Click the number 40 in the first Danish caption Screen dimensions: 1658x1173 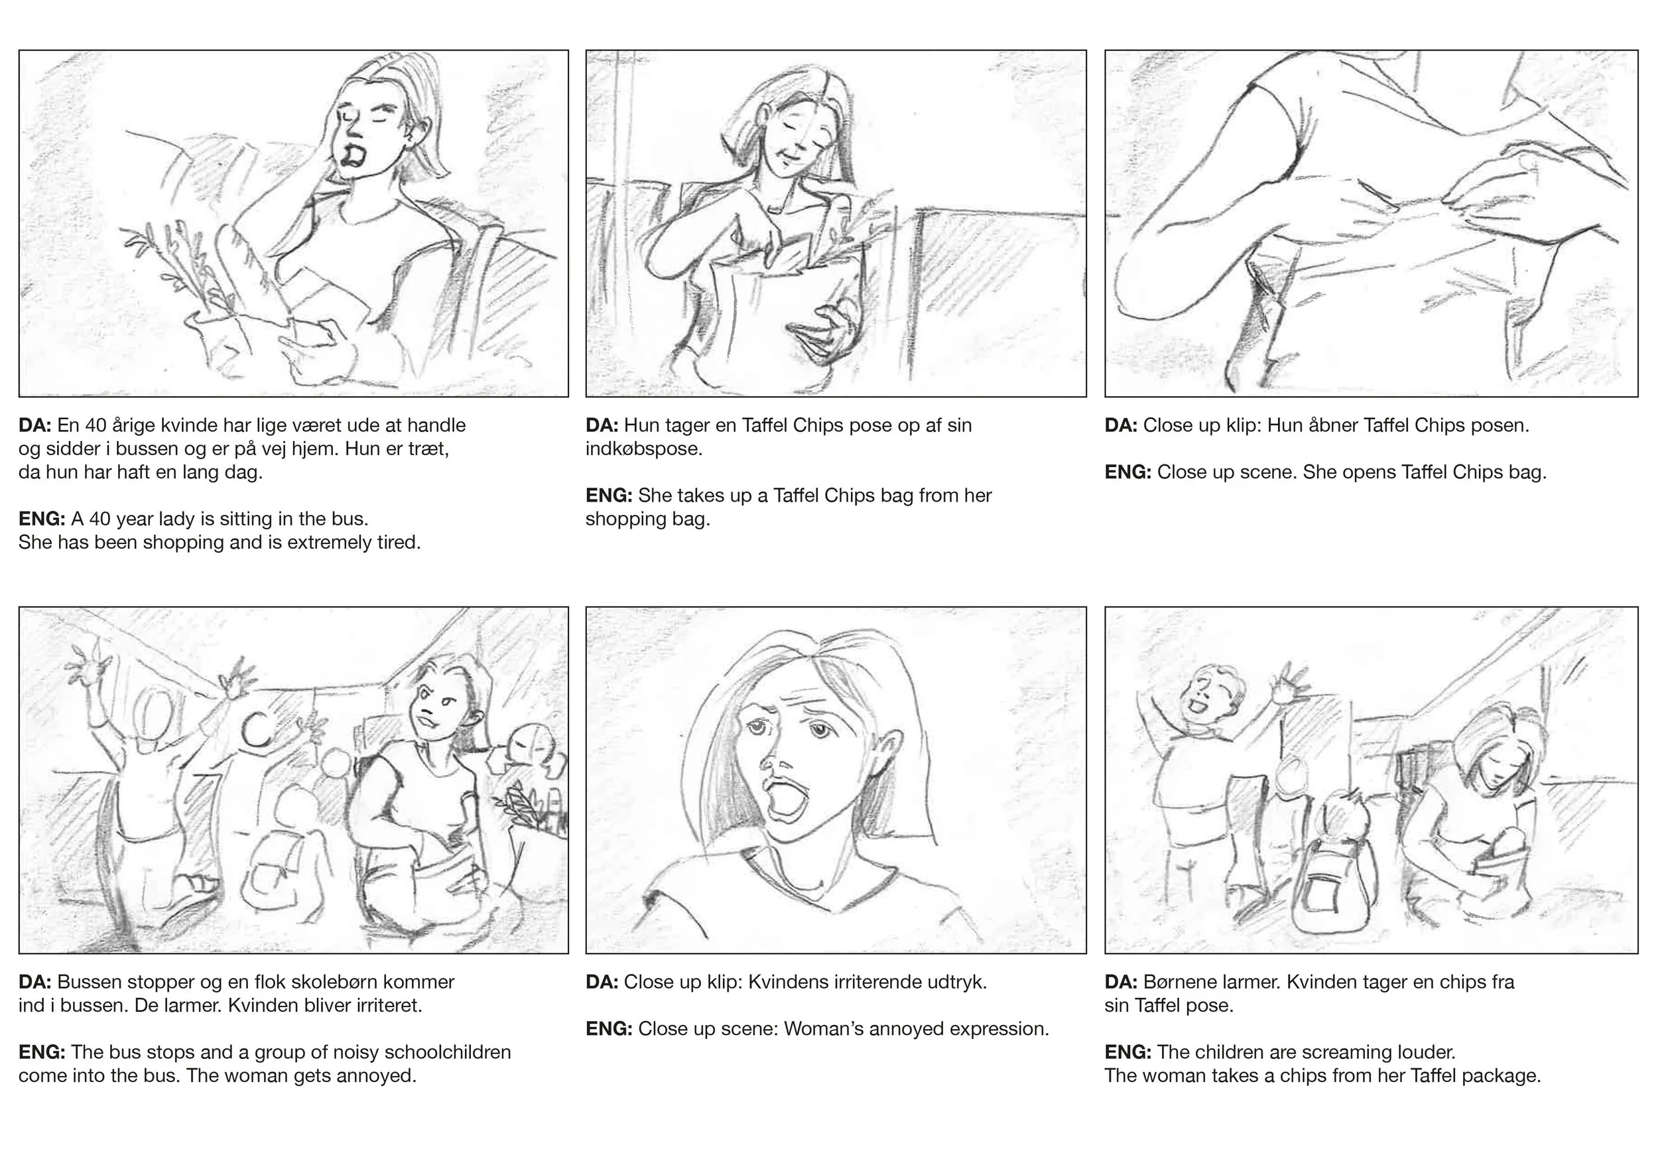(x=96, y=425)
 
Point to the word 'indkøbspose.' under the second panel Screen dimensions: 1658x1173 (x=644, y=449)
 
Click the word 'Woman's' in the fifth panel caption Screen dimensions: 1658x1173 (x=824, y=1029)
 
